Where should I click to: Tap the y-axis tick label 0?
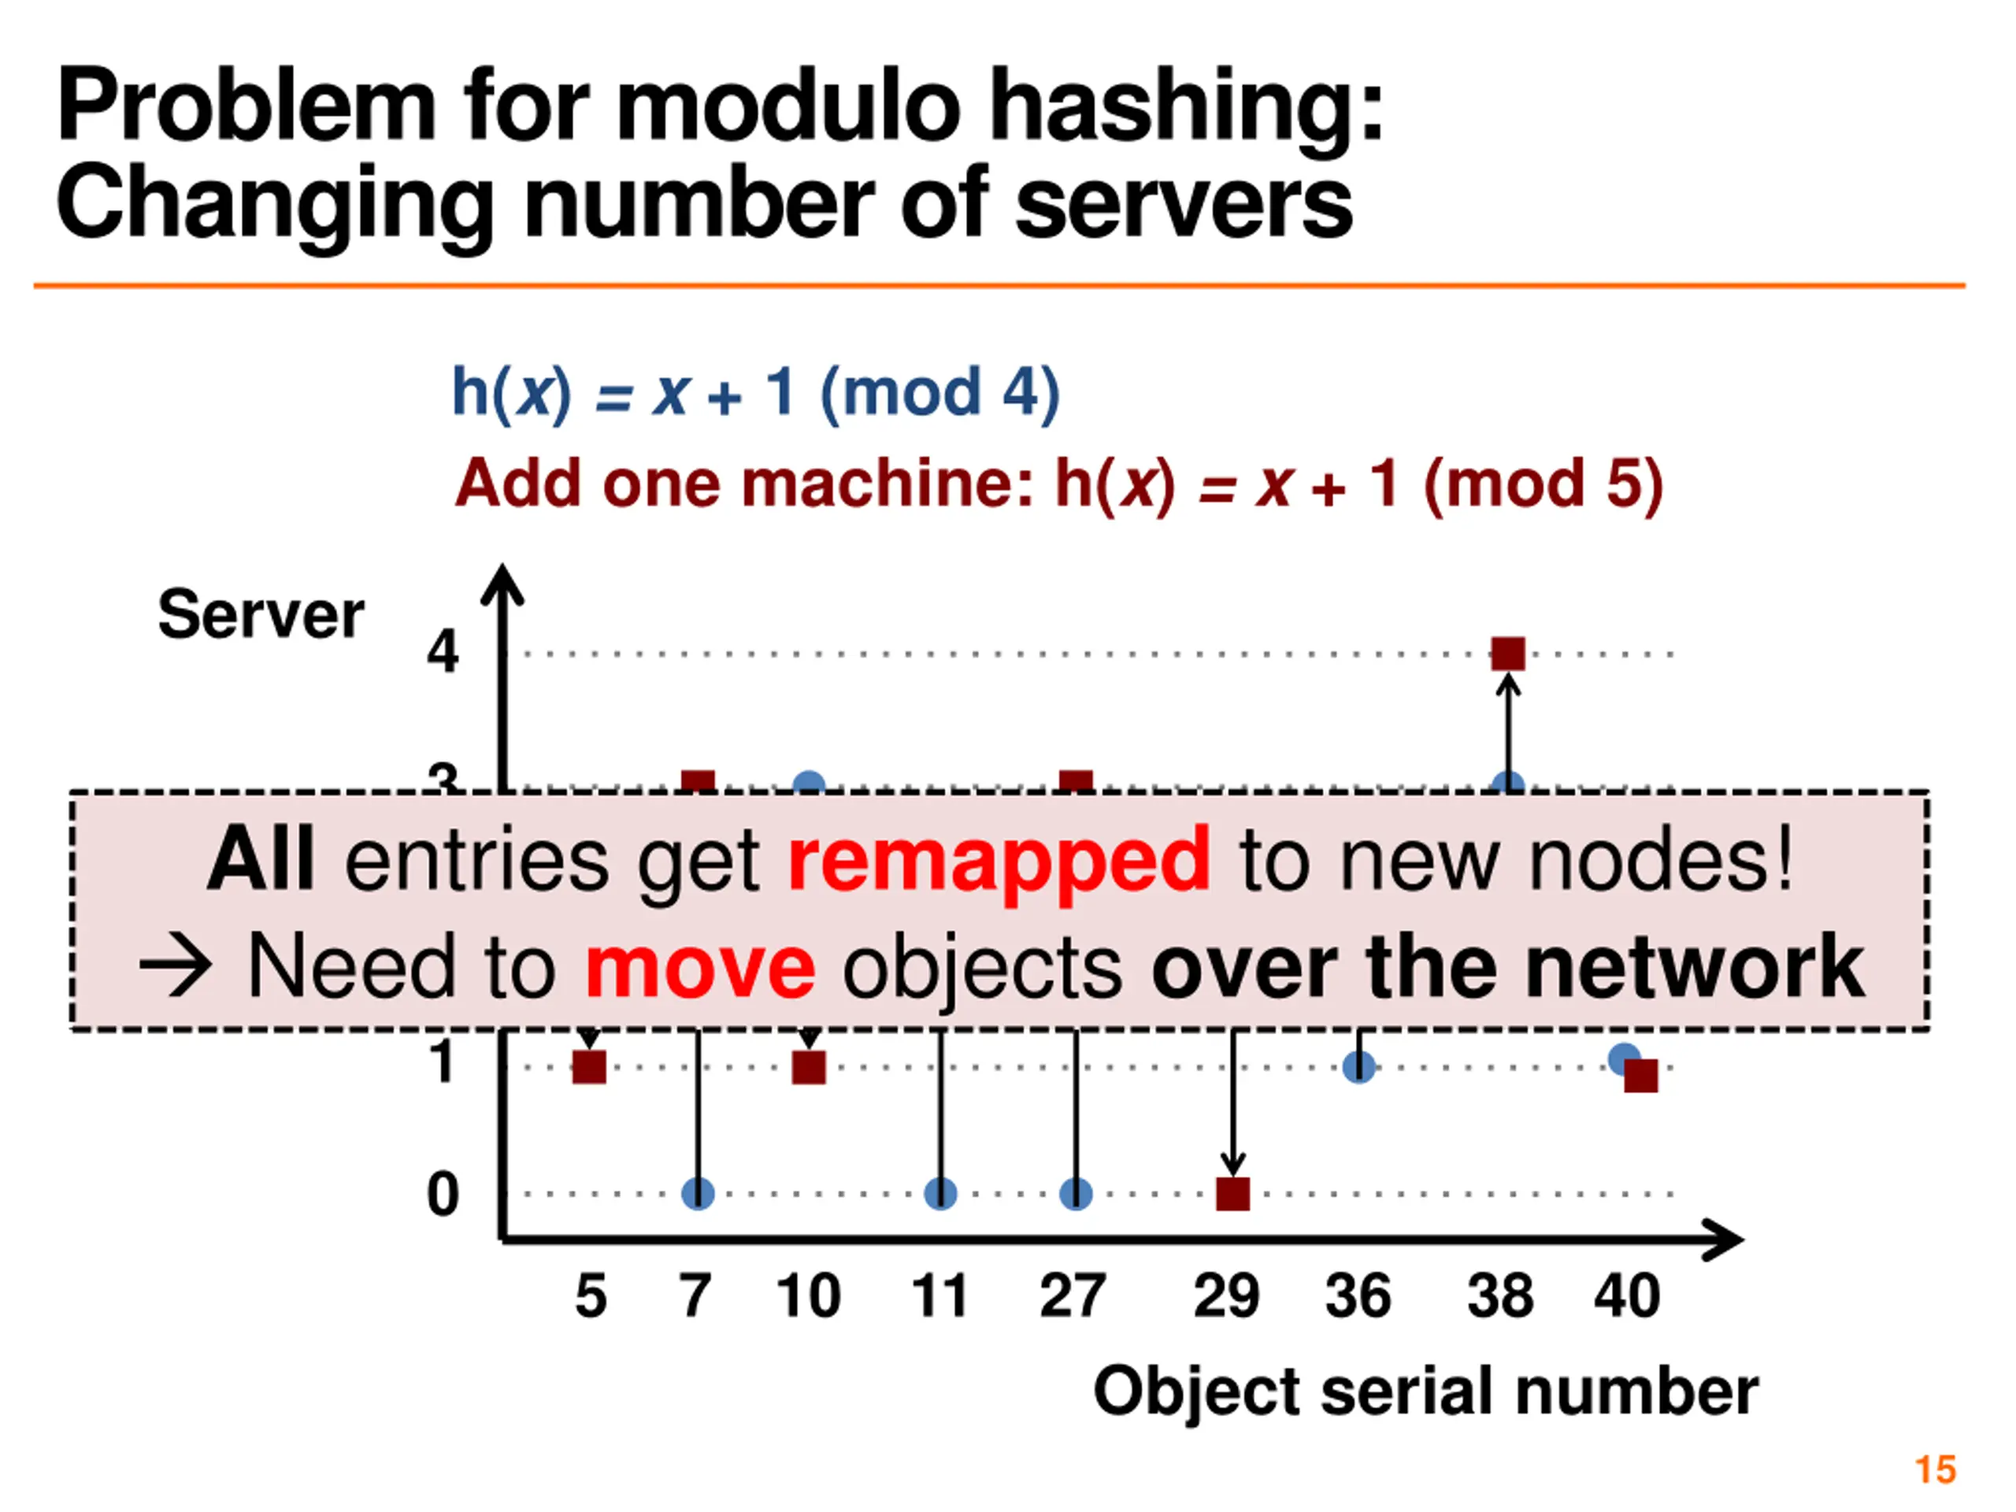[443, 1194]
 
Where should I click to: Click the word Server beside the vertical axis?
[261, 614]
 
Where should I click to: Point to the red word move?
[700, 967]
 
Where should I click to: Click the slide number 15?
[1935, 1470]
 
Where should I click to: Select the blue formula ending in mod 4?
[755, 393]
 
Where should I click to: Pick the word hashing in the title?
[1186, 106]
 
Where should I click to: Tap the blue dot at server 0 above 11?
[939, 1193]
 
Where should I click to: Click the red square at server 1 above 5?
[589, 1066]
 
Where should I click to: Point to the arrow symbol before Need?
[176, 967]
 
